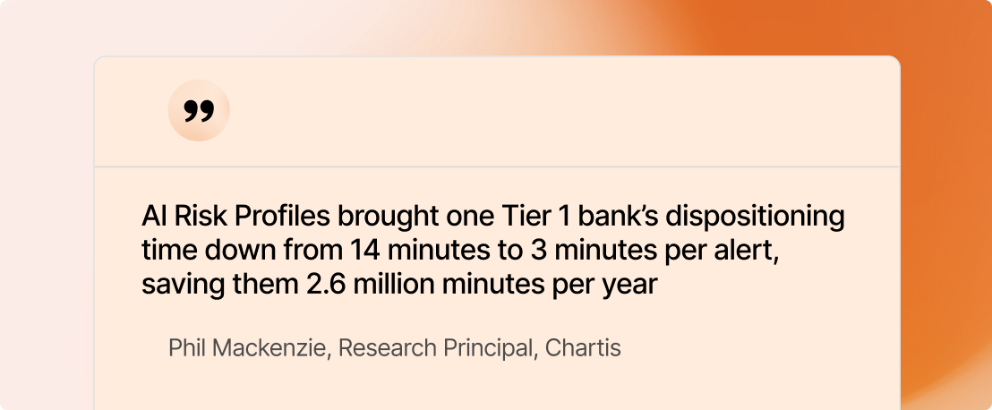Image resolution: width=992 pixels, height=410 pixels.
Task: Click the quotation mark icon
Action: point(199,111)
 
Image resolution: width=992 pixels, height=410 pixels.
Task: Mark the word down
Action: point(243,252)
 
